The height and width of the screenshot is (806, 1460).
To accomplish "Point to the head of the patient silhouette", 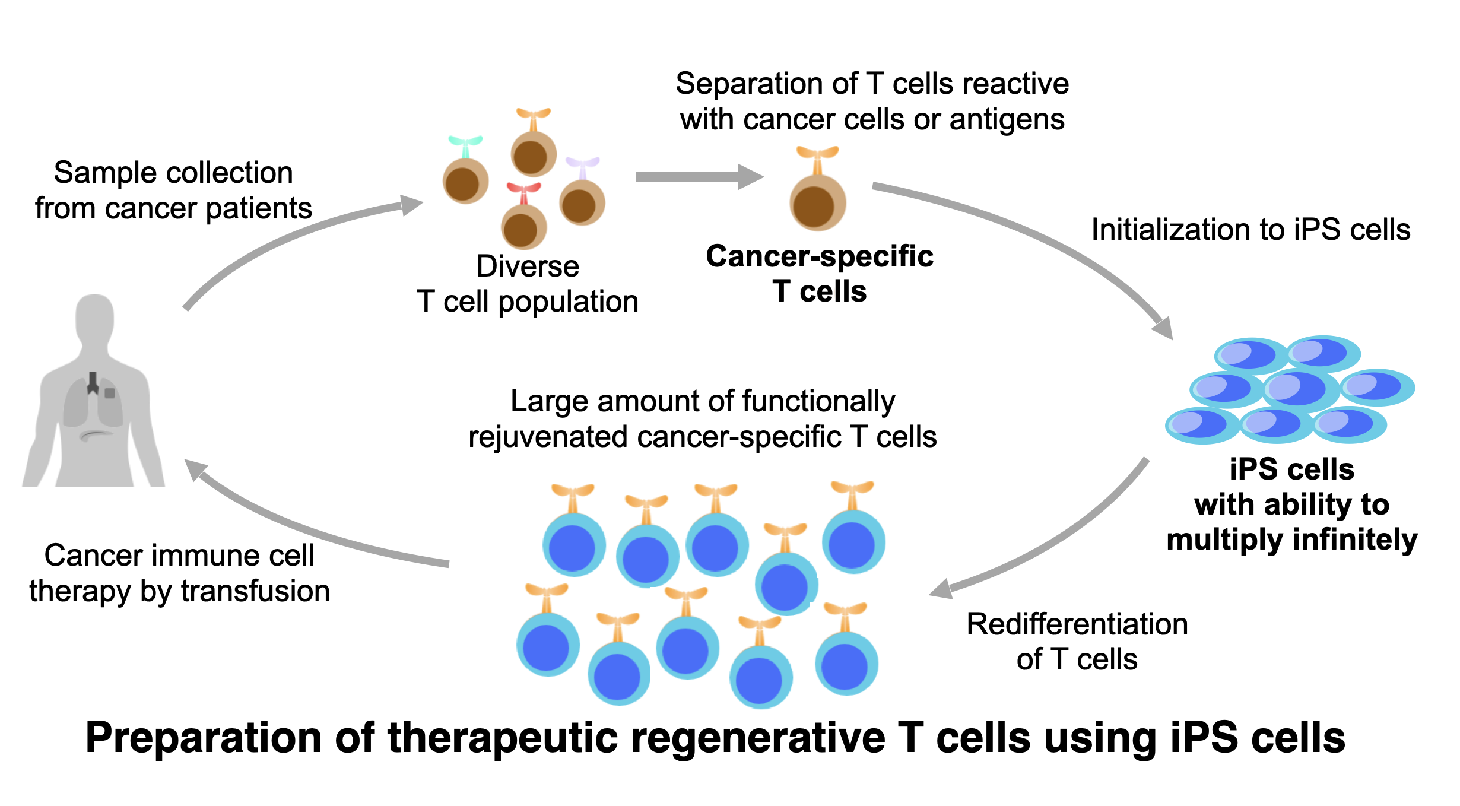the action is [x=94, y=318].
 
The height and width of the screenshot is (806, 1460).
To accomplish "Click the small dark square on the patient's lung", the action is [x=110, y=393].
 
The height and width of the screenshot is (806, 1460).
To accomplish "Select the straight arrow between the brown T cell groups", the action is [x=699, y=177].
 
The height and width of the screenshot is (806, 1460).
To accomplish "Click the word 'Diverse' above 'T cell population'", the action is [x=528, y=266].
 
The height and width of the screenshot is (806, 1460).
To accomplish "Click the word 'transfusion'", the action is [x=255, y=591].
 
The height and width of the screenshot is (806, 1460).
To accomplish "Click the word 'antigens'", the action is [x=1007, y=120].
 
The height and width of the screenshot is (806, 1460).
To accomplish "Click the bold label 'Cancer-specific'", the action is [x=820, y=256].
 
